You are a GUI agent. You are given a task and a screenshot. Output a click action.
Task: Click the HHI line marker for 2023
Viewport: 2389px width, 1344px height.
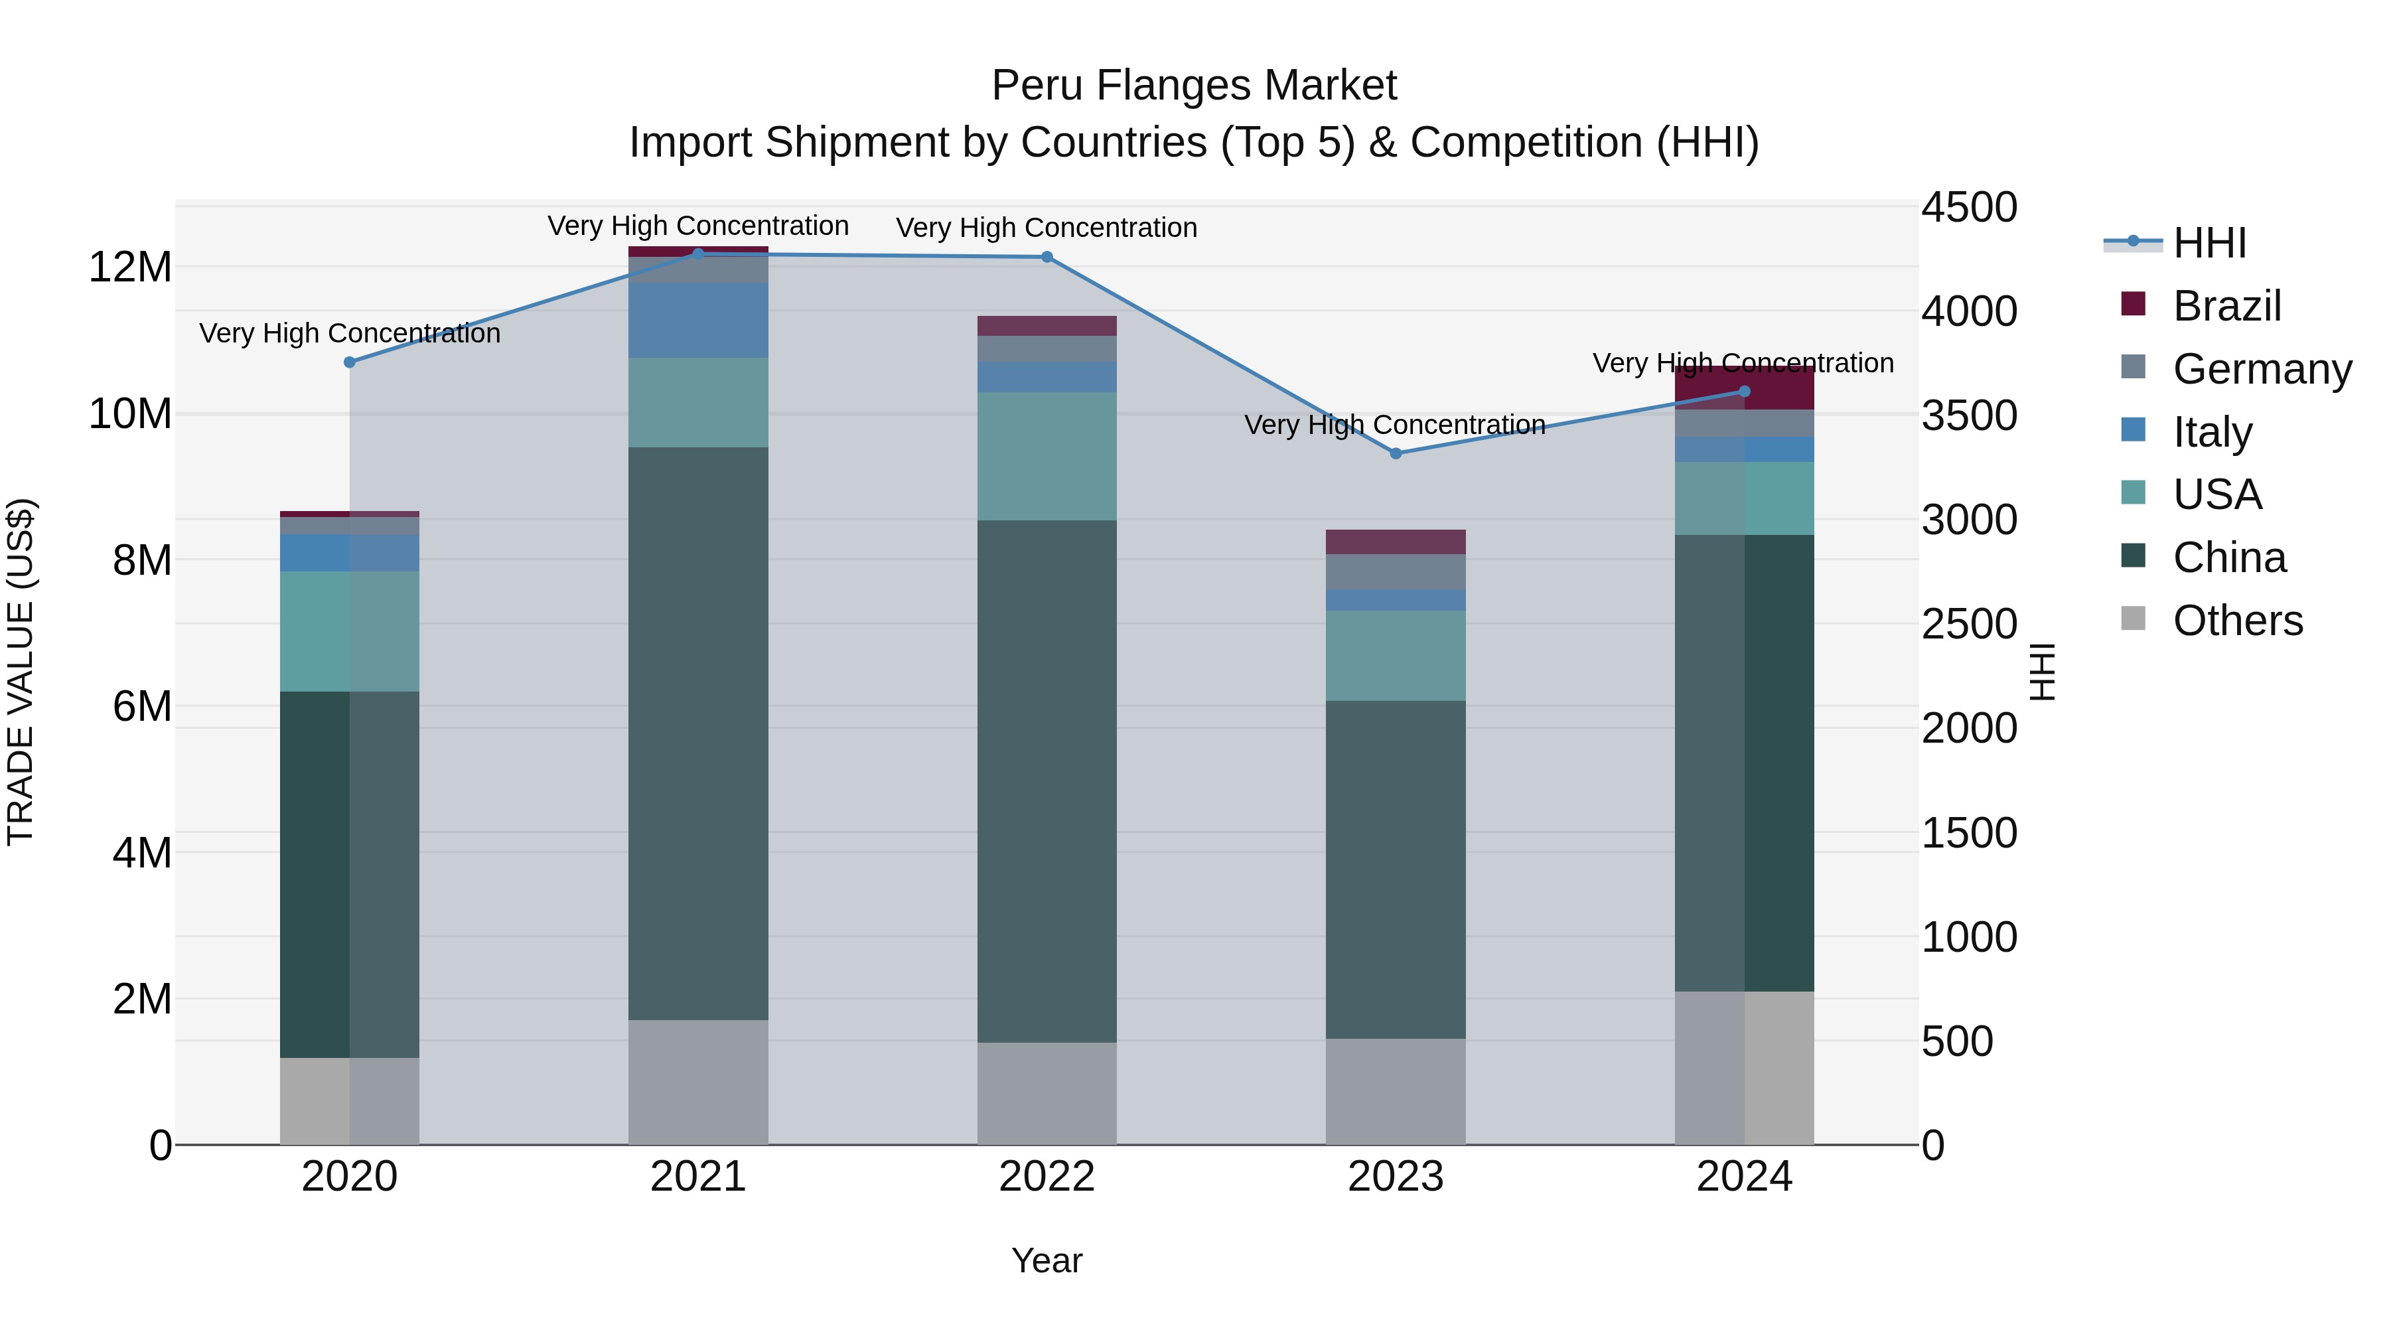coord(1395,453)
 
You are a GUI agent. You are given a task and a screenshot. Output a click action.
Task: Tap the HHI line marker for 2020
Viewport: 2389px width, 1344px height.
coord(350,362)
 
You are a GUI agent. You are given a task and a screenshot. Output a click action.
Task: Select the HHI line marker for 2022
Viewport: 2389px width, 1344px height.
coord(1047,257)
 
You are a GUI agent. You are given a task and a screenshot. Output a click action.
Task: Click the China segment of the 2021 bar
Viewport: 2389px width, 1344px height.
coord(697,733)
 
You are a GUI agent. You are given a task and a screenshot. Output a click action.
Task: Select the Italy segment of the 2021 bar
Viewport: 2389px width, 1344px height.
coord(697,320)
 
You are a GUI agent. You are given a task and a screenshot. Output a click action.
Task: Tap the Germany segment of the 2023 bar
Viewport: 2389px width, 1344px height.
coord(1395,571)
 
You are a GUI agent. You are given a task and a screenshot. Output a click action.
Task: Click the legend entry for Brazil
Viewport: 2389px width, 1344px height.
coord(2226,306)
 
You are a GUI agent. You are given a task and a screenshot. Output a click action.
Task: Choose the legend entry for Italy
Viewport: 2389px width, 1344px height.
coord(2212,432)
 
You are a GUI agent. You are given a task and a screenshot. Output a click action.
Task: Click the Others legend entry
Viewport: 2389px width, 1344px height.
coord(2237,621)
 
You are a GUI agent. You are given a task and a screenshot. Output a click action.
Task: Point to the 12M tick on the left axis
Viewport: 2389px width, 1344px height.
coord(130,267)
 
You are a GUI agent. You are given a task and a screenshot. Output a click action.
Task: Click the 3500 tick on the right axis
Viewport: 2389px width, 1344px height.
coord(1968,415)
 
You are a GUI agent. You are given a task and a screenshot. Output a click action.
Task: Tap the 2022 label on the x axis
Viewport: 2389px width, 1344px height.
coord(1047,1177)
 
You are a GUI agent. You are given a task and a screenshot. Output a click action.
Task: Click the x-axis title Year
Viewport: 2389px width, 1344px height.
coord(1047,1260)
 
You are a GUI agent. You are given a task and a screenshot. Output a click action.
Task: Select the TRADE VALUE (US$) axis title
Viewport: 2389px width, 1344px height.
coord(21,672)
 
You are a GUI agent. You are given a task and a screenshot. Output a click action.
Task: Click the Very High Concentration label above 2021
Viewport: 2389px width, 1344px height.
coord(697,226)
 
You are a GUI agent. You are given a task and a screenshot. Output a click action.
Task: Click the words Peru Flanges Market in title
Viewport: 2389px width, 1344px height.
coord(1194,86)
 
